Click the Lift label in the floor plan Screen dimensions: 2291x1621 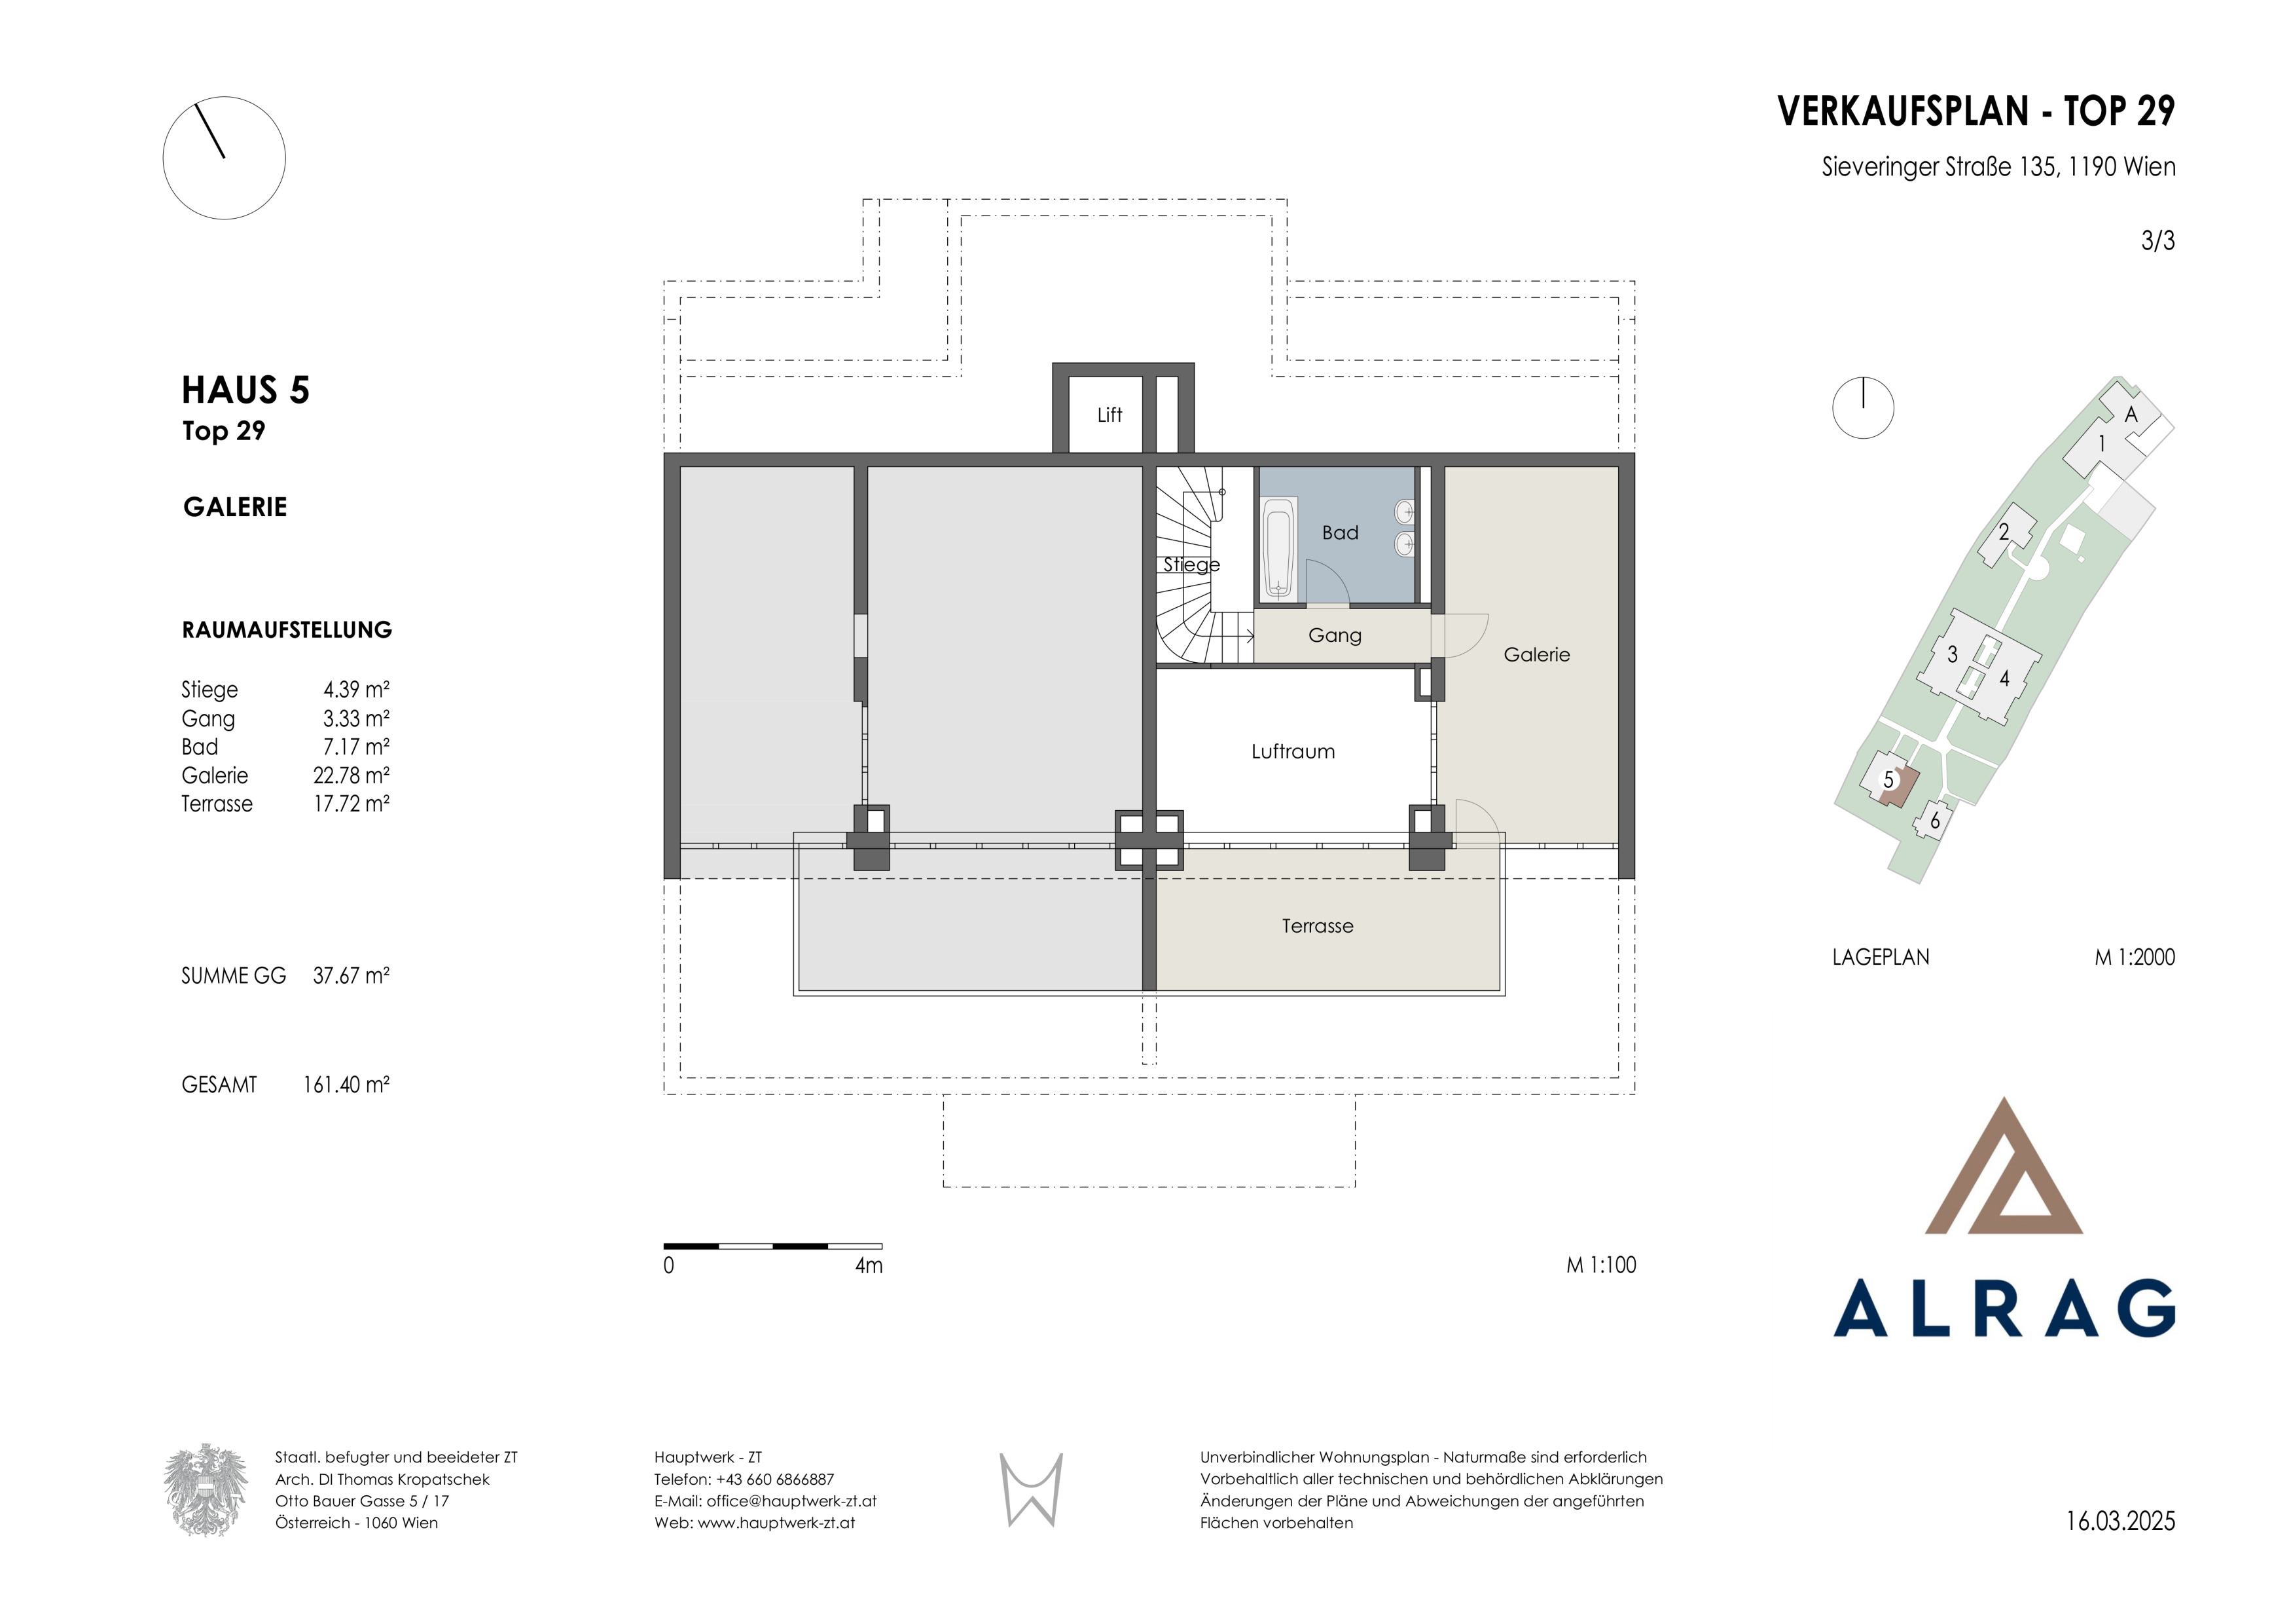coord(1109,414)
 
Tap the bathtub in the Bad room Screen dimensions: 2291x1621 coord(1278,548)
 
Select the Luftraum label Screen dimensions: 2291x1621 coord(1293,752)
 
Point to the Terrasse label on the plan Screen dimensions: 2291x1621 coord(1318,926)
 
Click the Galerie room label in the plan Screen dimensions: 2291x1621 coord(1537,655)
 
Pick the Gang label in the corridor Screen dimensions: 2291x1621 coord(1335,636)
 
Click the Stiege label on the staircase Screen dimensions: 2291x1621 coord(1191,565)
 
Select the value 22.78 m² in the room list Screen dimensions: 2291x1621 coord(352,775)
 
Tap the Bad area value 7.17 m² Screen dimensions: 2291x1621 coord(356,747)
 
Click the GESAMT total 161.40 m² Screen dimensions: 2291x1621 coord(346,1085)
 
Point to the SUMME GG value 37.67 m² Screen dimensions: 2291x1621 coord(352,976)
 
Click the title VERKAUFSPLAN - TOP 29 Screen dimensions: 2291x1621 coord(1975,111)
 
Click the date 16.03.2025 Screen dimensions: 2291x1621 coord(2120,1521)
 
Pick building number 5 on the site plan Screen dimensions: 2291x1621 coord(1888,779)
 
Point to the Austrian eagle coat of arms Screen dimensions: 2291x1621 coord(206,1489)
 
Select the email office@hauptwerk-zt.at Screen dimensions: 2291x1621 coord(791,1501)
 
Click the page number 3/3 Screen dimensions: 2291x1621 coord(2158,240)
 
